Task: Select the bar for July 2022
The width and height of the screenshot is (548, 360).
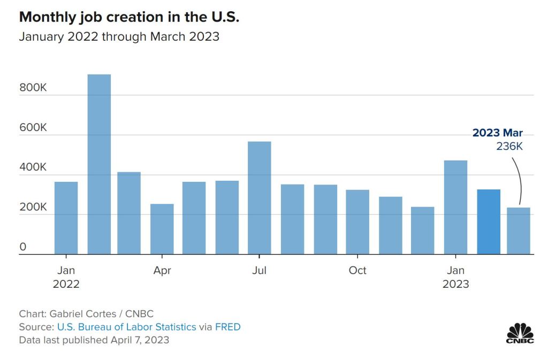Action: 260,198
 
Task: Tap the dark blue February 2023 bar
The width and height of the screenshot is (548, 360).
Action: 489,222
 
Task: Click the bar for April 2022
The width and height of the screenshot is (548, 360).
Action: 162,229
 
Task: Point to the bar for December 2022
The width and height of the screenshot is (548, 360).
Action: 423,231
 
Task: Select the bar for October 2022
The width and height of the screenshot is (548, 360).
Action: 357,222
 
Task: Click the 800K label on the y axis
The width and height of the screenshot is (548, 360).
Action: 33,88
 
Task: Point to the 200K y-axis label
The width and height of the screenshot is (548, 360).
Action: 33,208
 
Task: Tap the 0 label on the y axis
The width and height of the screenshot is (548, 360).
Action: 23,247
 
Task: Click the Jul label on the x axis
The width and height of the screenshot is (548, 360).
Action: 260,271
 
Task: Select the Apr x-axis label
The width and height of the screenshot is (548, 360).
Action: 162,271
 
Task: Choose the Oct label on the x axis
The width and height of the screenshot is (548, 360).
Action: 357,271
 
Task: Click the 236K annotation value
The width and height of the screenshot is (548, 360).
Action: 509,146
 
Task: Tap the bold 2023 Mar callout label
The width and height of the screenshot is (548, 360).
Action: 497,133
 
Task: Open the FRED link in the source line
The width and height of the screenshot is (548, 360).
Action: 228,327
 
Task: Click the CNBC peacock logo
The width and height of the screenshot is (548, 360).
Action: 520,333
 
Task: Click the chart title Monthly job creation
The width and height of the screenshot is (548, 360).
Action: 129,17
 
